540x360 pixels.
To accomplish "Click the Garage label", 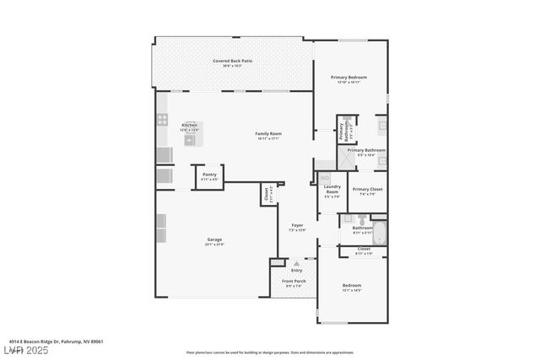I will point(214,241).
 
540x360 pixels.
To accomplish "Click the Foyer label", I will point(297,227).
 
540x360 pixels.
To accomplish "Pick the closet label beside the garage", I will point(267,193).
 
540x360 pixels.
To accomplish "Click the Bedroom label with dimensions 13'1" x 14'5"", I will point(352,287).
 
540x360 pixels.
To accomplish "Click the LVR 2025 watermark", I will point(27,350).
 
